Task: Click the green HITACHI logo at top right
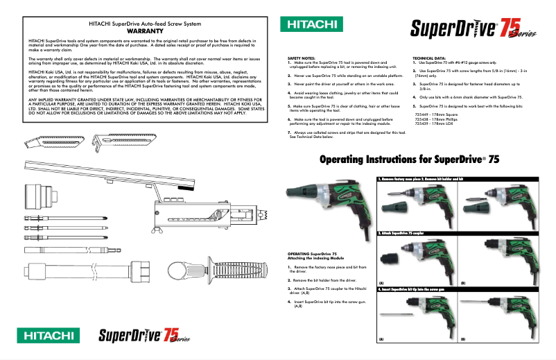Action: pyautogui.click(x=310, y=25)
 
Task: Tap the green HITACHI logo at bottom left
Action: pyautogui.click(x=50, y=336)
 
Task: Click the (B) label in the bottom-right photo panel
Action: pyautogui.click(x=463, y=338)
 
